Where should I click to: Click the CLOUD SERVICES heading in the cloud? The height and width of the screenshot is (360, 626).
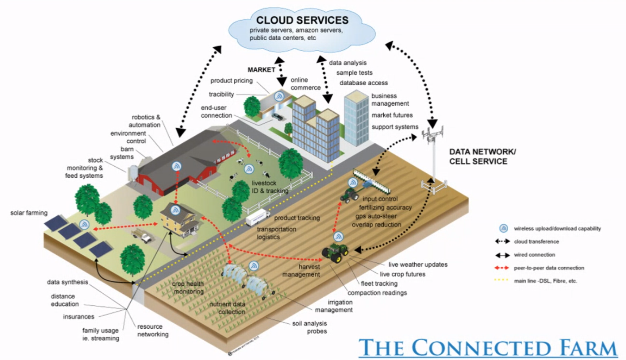click(302, 20)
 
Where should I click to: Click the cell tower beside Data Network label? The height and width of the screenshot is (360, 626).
click(433, 152)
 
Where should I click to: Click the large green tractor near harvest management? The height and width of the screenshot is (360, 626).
click(335, 254)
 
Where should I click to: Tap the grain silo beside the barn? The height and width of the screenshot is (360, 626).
click(133, 173)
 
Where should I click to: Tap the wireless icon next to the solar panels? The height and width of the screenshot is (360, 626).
click(84, 225)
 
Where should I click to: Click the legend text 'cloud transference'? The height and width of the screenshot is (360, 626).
click(536, 241)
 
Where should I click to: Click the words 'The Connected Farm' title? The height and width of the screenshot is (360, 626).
click(488, 347)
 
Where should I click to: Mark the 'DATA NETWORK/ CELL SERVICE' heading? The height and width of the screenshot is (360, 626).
click(483, 157)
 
